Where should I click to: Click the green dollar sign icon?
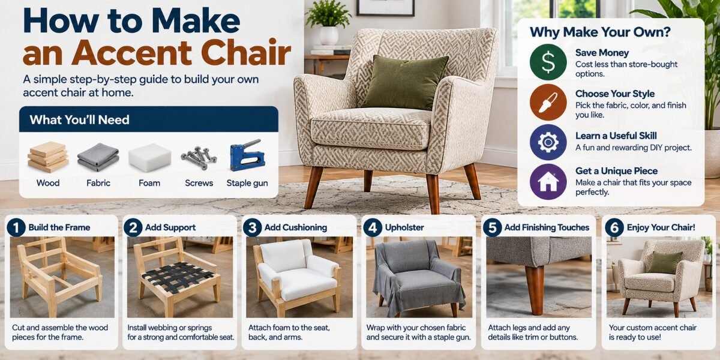[548, 62]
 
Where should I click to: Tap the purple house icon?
[548, 182]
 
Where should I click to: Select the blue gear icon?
[548, 142]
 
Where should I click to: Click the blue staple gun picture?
[247, 155]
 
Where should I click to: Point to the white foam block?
[149, 157]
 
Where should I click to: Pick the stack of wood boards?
[48, 157]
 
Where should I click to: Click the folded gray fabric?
[98, 157]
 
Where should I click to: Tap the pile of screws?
[199, 157]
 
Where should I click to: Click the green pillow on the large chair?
[405, 82]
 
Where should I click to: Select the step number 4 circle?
[373, 227]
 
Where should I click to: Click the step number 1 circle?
[16, 227]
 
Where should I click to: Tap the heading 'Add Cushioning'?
[296, 227]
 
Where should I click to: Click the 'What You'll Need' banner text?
[79, 120]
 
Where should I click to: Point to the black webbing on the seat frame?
[178, 277]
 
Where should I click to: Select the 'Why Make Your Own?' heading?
[600, 32]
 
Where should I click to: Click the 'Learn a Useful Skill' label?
[616, 136]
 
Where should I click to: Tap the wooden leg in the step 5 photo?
[535, 289]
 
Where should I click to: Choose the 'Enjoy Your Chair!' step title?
[661, 227]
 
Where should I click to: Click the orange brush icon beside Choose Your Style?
[548, 102]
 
